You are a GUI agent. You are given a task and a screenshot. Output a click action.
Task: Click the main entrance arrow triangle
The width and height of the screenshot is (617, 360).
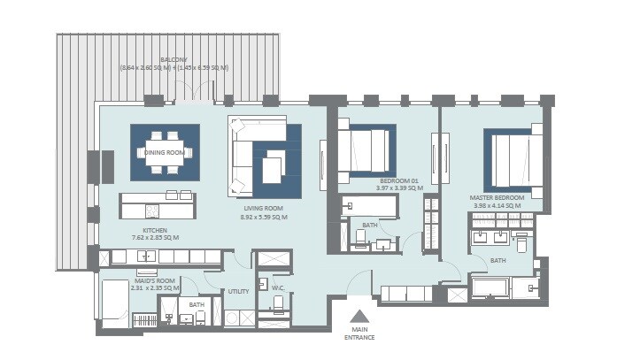tap(359, 317)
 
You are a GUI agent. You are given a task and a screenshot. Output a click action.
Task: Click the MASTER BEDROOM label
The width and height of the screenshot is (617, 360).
tap(498, 197)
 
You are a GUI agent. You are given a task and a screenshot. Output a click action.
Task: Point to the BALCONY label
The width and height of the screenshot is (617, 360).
tap(174, 59)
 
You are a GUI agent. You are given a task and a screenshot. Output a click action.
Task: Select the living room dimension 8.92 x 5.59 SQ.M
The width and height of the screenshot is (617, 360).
tap(264, 217)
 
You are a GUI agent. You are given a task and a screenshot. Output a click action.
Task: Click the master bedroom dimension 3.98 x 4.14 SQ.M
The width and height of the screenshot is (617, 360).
tap(498, 205)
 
